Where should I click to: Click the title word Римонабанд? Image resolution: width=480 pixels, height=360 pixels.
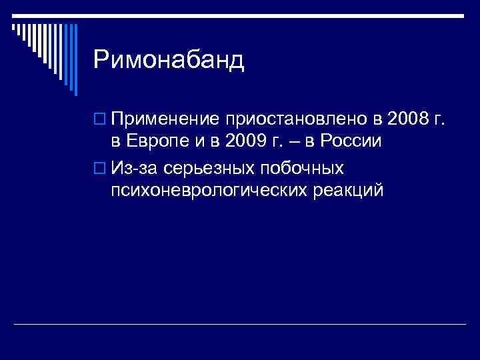click(x=169, y=61)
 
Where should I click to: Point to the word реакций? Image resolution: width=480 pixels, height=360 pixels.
click(x=349, y=191)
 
